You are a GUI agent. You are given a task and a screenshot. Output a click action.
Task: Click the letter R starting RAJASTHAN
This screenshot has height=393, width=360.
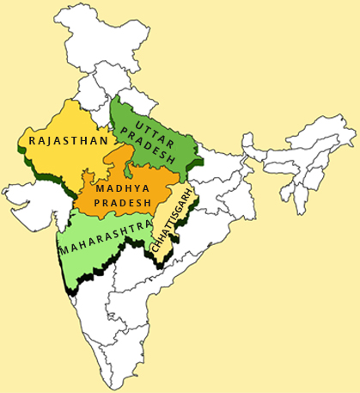point(32,139)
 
